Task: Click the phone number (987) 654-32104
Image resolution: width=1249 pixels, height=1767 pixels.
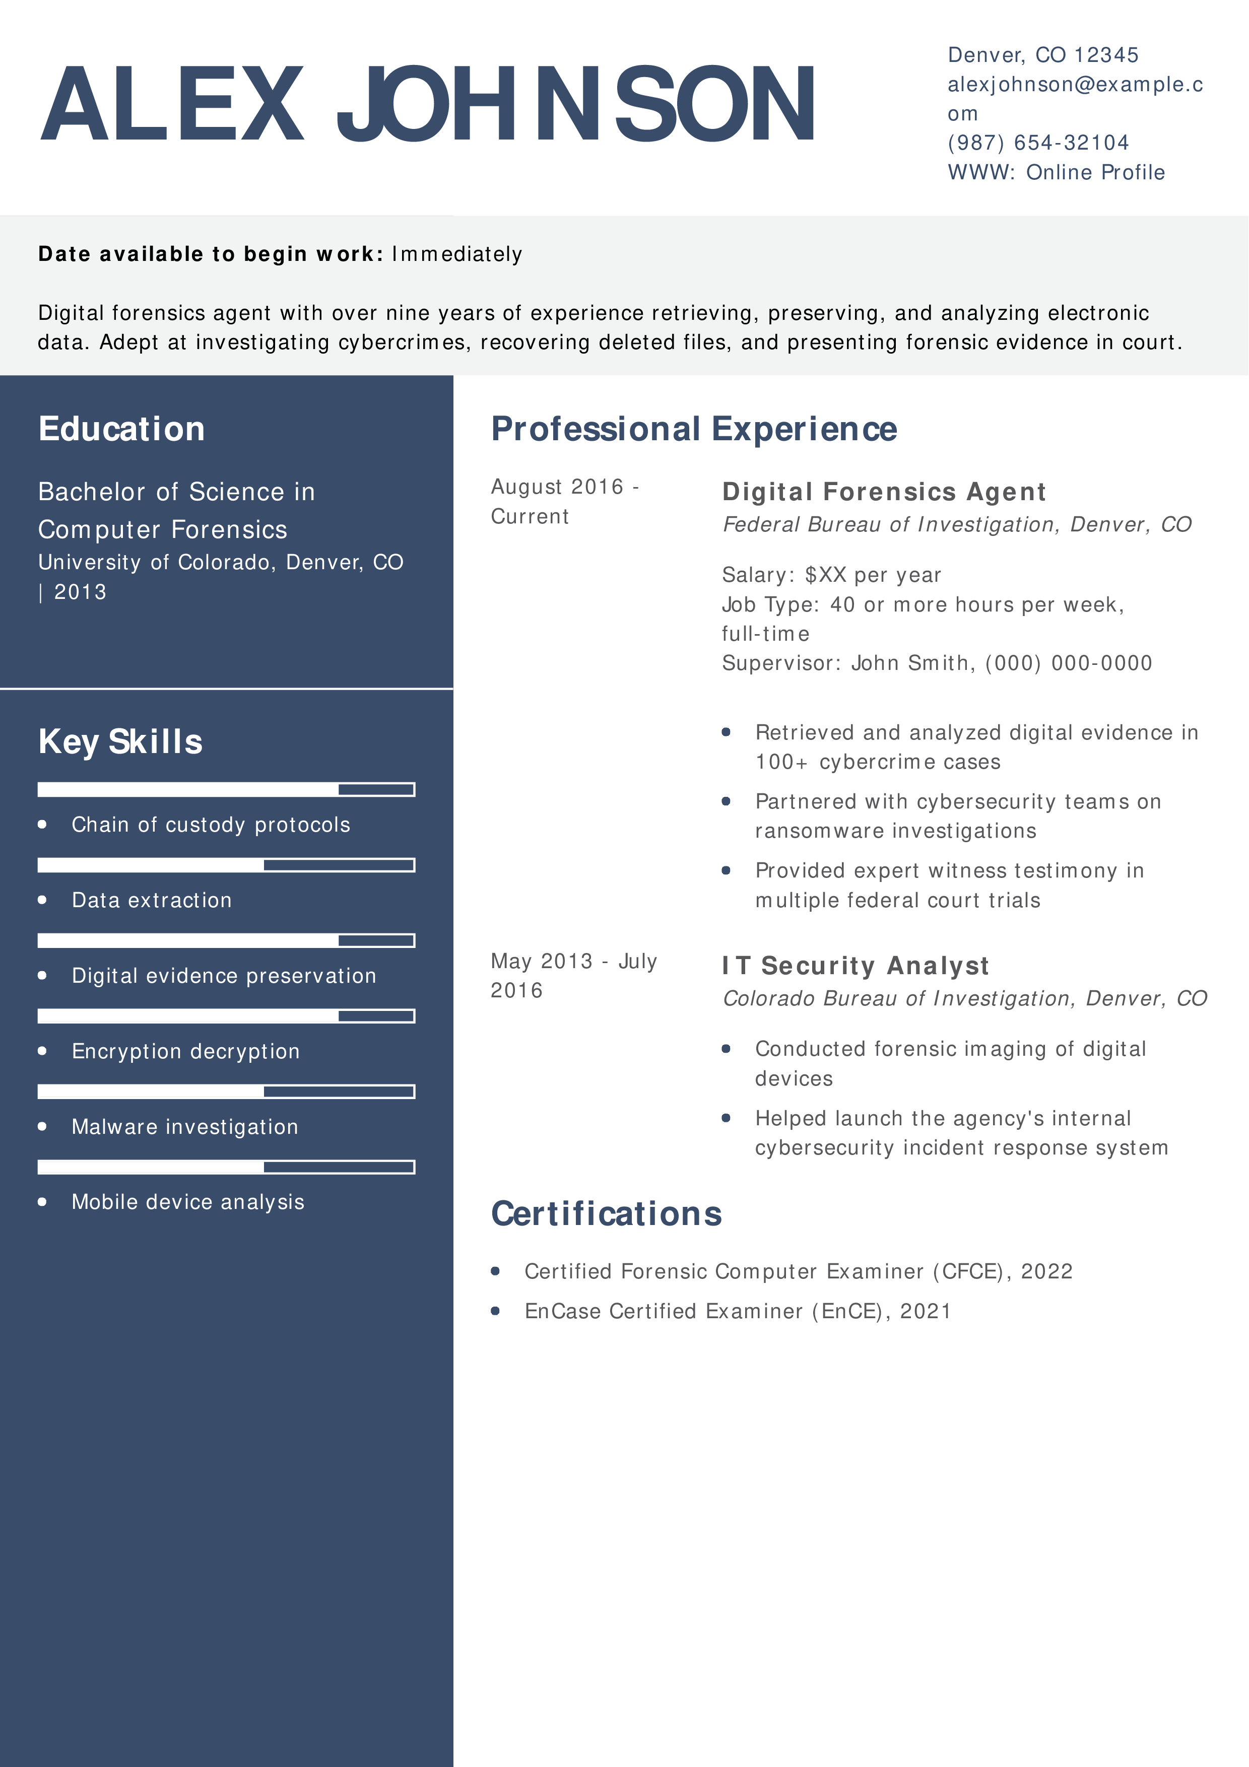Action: (1037, 143)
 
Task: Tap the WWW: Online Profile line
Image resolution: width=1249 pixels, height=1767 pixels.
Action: (1056, 172)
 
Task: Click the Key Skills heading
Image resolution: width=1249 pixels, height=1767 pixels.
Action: (120, 742)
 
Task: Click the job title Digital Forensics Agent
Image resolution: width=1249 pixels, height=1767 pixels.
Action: (883, 492)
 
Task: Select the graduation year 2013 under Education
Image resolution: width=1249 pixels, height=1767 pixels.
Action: (80, 592)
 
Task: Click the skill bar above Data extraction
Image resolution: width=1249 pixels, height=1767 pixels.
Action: (226, 865)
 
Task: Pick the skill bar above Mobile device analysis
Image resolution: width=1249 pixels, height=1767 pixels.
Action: (226, 1167)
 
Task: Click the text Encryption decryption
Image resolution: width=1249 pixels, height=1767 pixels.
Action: (185, 1051)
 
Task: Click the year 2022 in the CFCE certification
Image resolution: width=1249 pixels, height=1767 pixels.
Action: (1046, 1271)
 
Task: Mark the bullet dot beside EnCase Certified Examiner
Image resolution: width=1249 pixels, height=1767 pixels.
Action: (496, 1311)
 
